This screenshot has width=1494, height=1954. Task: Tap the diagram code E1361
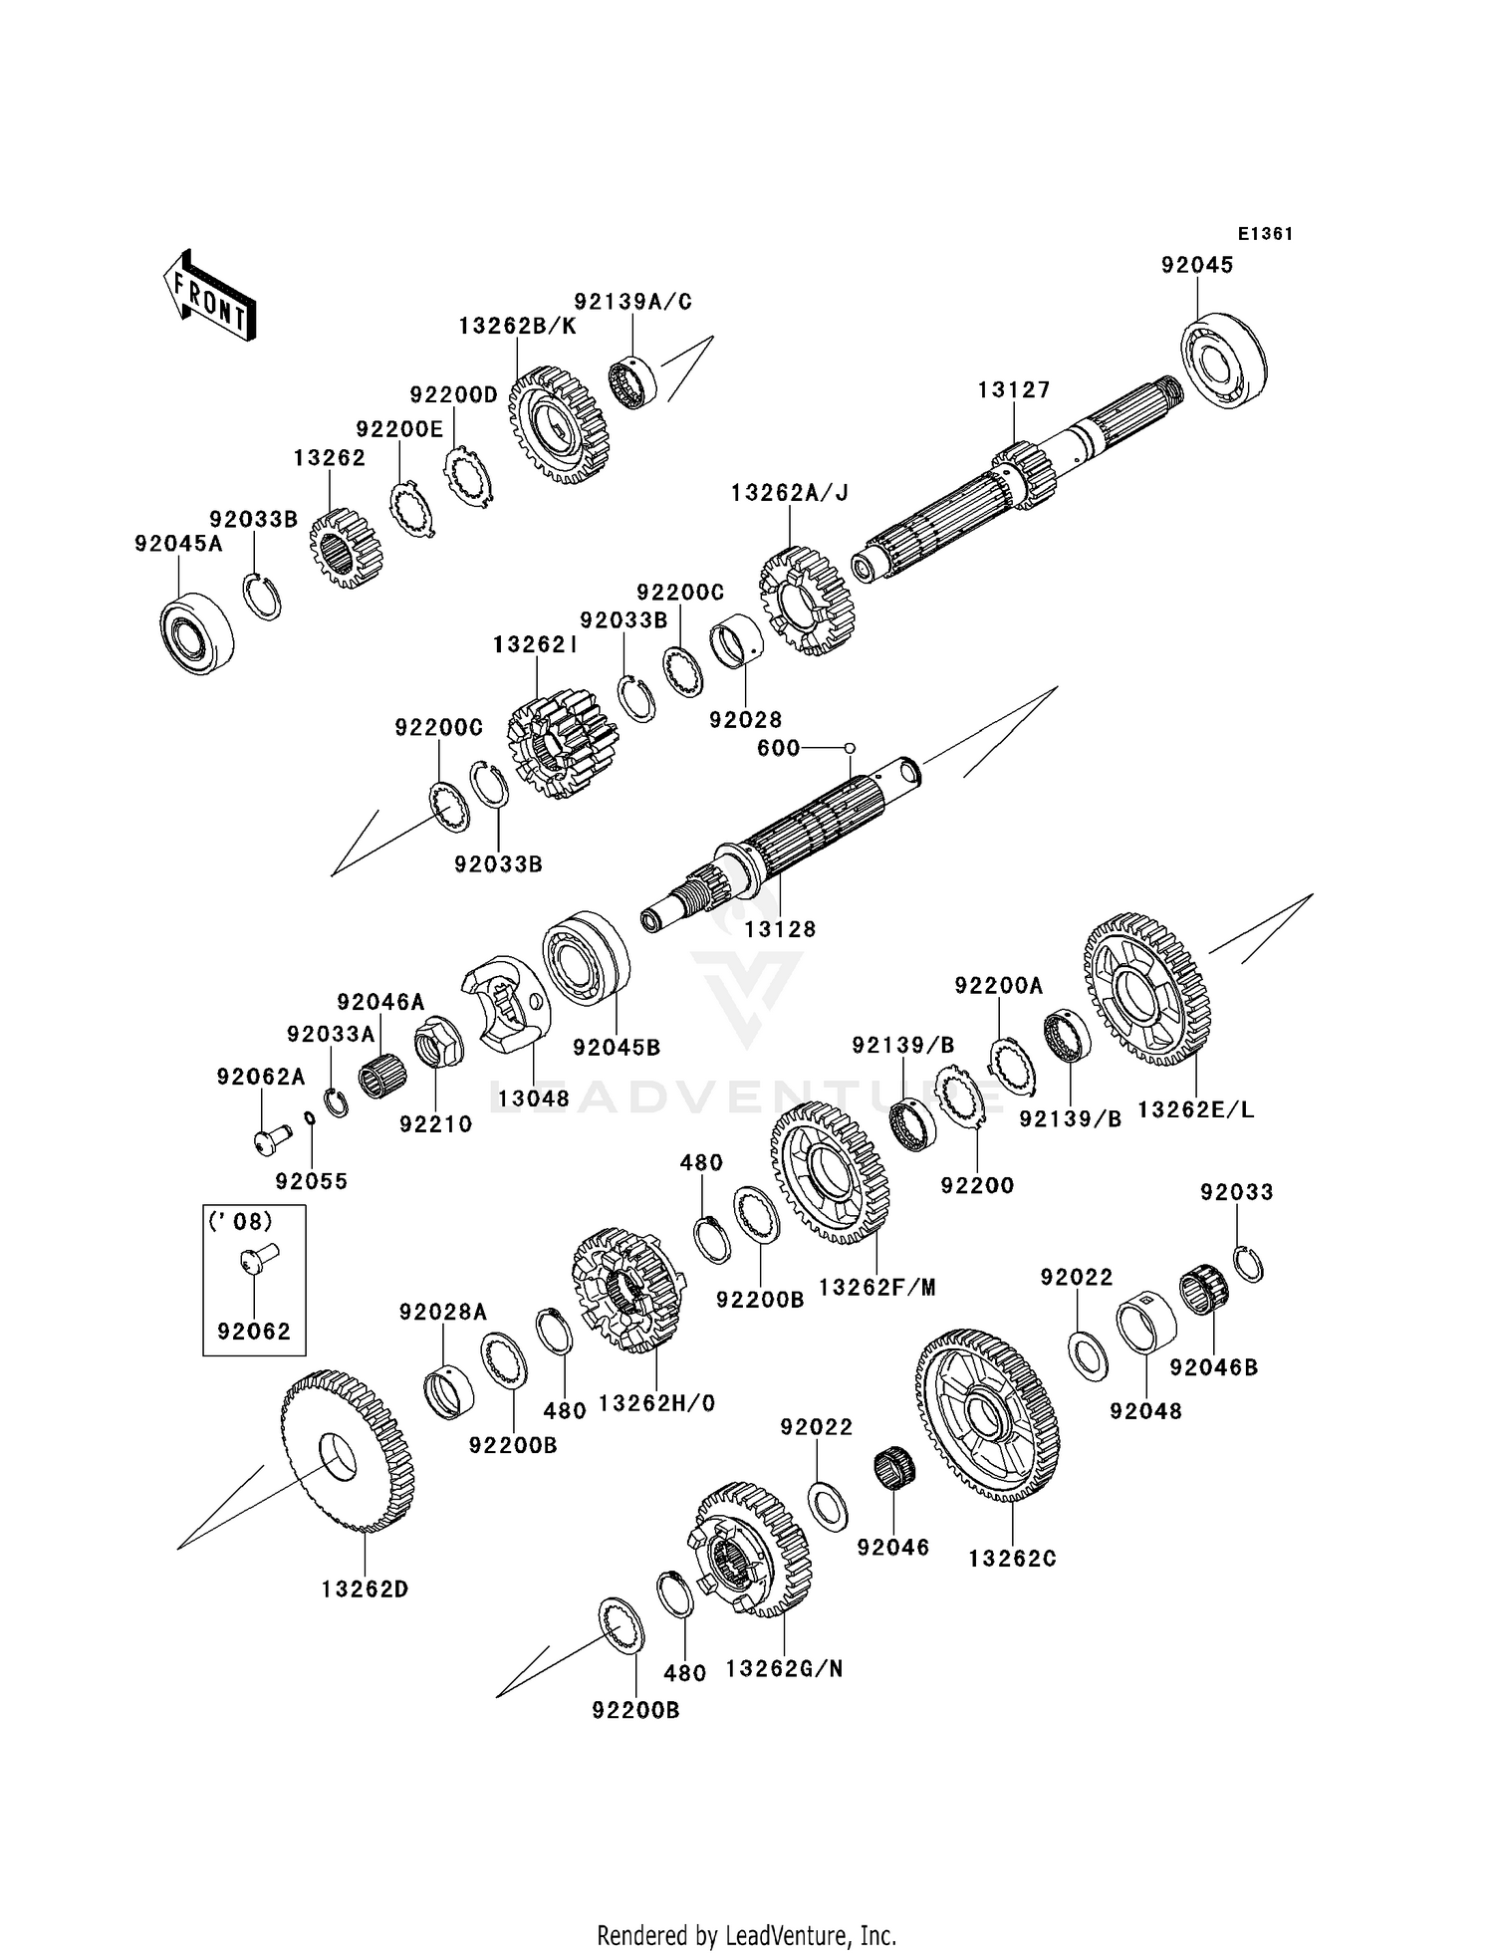(1265, 234)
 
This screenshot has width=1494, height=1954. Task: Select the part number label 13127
(1014, 390)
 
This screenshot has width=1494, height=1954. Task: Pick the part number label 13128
(780, 929)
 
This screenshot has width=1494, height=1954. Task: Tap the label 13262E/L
(1196, 1109)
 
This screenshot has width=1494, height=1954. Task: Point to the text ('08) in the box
(240, 1220)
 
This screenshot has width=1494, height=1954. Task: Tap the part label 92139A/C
(632, 302)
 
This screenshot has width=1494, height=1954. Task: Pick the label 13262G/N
(785, 1669)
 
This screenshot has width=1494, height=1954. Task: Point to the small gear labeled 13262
(341, 548)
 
